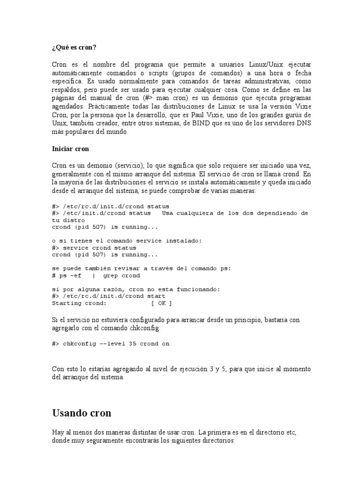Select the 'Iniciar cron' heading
(70, 149)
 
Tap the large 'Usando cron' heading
(81, 413)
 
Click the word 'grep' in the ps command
(111, 275)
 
